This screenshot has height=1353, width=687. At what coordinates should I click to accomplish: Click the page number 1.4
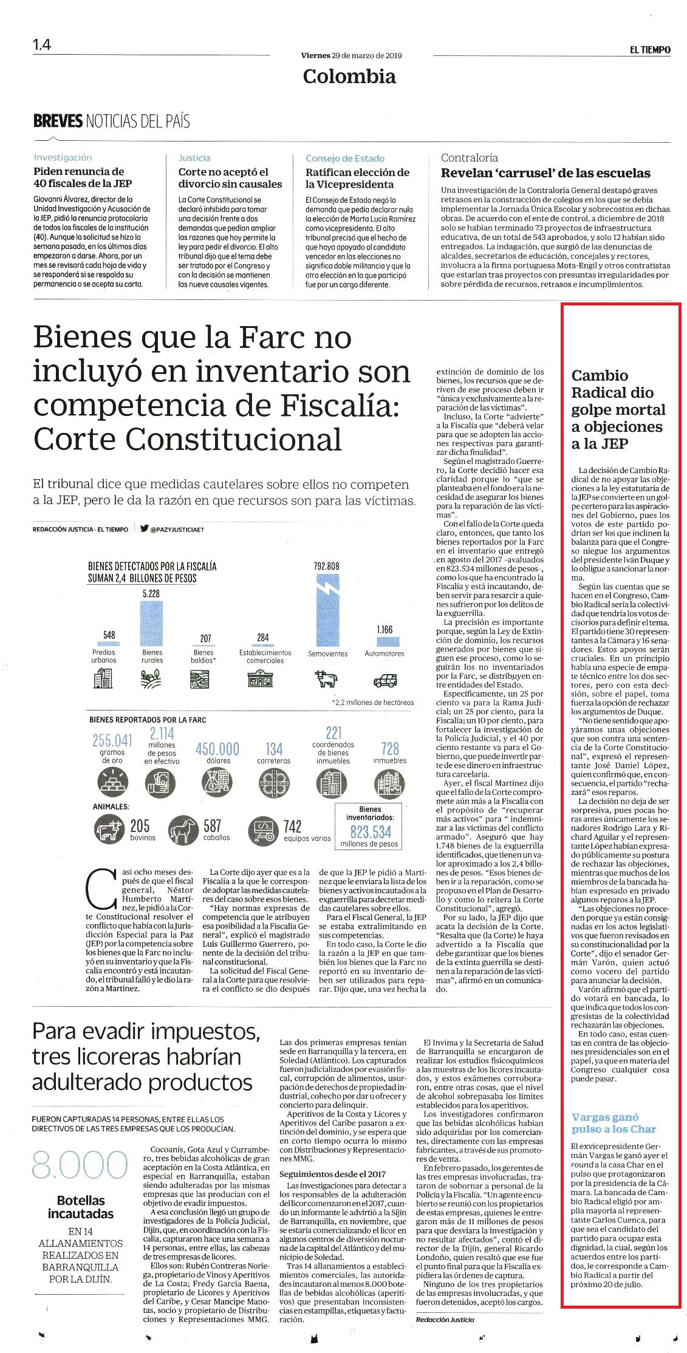(x=42, y=45)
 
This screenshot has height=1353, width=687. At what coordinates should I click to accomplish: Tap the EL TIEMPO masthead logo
(x=650, y=50)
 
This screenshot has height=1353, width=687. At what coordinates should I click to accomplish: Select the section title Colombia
(x=349, y=77)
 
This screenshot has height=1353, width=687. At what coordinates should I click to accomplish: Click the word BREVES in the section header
(x=58, y=121)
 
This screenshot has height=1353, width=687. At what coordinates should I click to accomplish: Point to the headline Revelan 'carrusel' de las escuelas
(x=545, y=173)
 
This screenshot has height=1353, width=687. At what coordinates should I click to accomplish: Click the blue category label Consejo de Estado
(x=345, y=158)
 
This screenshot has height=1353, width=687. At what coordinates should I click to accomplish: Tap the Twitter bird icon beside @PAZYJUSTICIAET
(x=145, y=528)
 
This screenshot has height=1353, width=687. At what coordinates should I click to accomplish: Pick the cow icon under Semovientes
(x=327, y=678)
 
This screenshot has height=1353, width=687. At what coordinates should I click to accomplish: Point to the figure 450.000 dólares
(x=217, y=753)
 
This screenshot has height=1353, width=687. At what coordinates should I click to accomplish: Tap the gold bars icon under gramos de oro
(x=112, y=783)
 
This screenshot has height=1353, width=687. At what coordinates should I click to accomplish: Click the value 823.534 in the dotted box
(x=370, y=831)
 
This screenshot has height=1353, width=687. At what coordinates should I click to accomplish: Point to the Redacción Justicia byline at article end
(x=445, y=1319)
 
